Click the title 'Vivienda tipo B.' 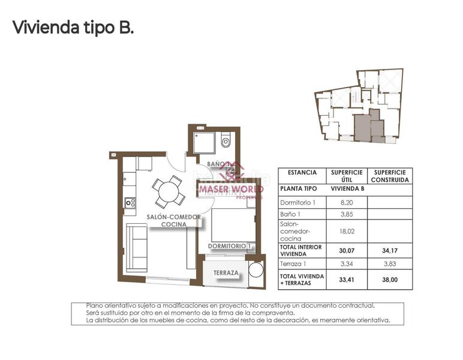[73, 27]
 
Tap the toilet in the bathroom [226, 142]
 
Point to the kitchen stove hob [130, 203]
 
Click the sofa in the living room [137, 247]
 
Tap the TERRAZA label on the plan [226, 273]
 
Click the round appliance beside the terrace [256, 269]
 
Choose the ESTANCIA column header [302, 172]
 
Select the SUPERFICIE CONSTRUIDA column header [390, 176]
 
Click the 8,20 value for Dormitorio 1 [347, 203]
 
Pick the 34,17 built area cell [390, 250]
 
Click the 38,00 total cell [390, 279]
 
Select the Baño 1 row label [290, 214]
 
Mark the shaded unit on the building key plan [363, 127]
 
